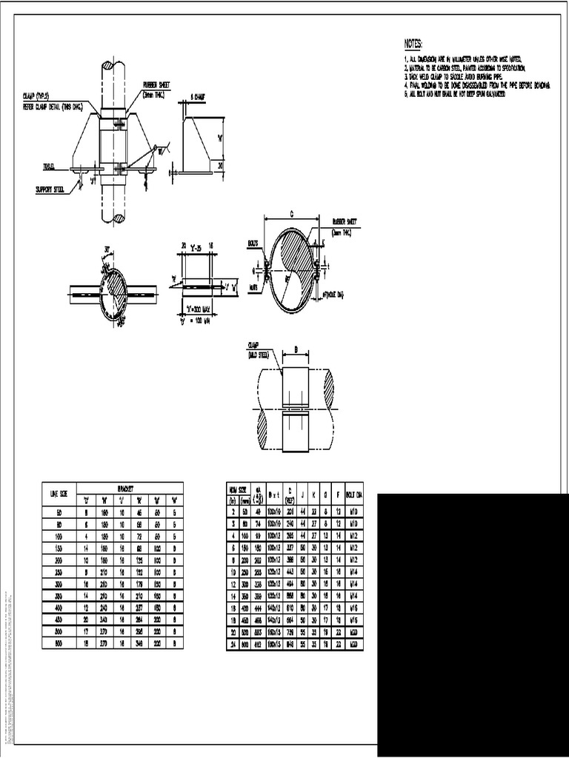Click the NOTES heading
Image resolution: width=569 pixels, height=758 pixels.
pyautogui.click(x=416, y=44)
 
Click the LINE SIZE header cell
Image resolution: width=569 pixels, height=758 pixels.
pyautogui.click(x=59, y=492)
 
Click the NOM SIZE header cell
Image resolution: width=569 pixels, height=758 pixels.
pyautogui.click(x=237, y=489)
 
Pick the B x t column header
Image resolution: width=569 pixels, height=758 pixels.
pyautogui.click(x=274, y=494)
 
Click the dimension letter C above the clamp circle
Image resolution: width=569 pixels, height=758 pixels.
pyautogui.click(x=293, y=214)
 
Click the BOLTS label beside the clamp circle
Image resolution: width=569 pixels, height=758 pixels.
pyautogui.click(x=252, y=242)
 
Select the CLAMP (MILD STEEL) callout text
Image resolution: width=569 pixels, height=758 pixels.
pyautogui.click(x=258, y=349)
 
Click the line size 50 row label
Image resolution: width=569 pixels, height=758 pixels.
pyautogui.click(x=59, y=512)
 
